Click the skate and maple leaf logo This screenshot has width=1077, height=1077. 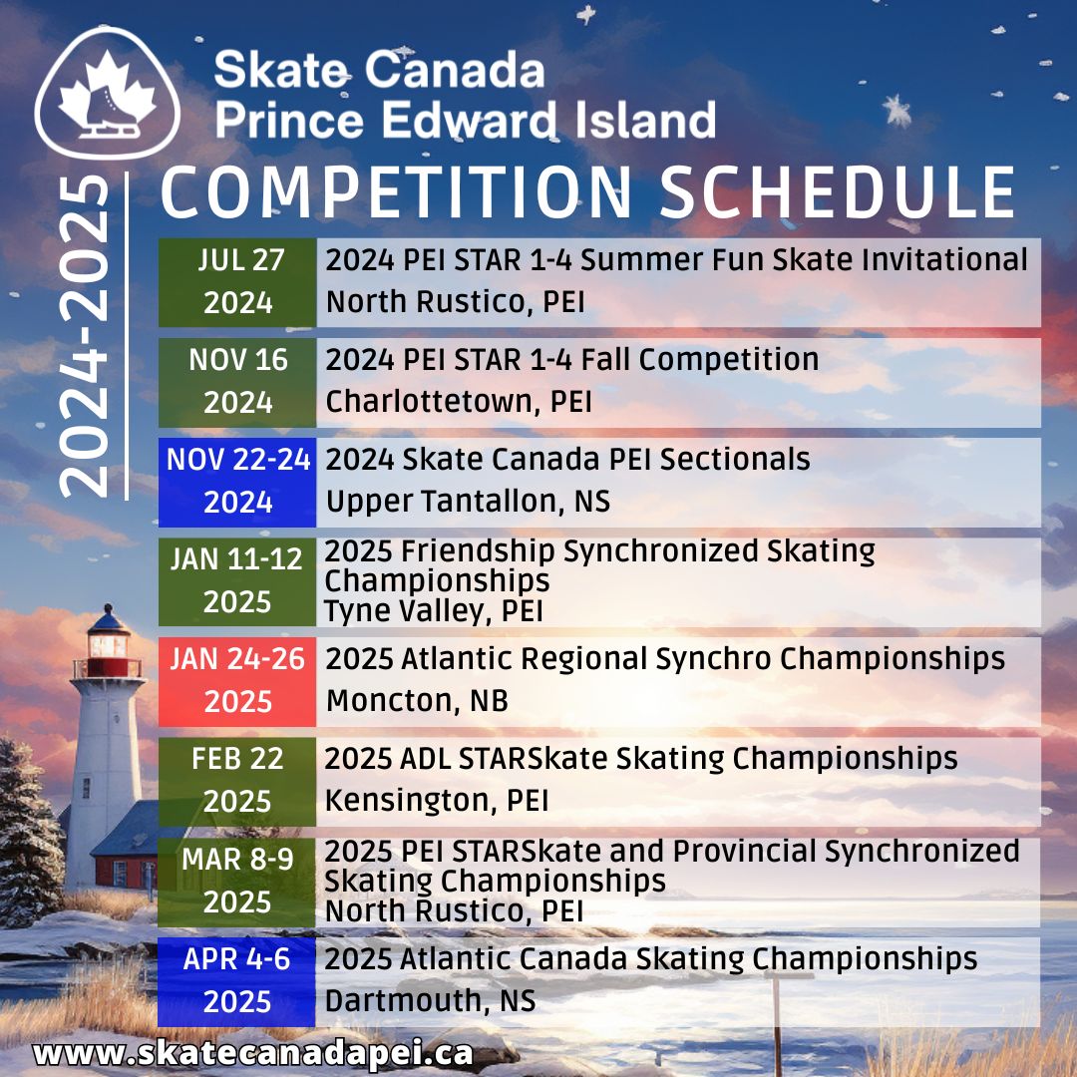[107, 93]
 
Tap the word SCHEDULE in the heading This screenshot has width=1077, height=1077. [838, 193]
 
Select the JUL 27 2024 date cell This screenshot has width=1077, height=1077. [237, 282]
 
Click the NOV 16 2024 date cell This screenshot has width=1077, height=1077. [237, 382]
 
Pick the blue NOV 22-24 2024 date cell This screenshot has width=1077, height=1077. [237, 483]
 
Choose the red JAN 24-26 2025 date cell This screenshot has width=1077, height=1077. [237, 681]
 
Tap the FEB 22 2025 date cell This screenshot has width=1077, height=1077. [237, 781]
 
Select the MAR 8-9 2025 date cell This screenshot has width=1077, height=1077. [237, 882]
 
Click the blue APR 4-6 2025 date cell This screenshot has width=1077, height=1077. [237, 981]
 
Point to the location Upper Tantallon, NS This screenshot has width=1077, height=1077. [468, 502]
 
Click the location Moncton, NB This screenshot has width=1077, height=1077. [417, 701]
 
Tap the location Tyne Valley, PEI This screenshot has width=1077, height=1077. [434, 610]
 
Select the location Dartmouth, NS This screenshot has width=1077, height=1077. [430, 1001]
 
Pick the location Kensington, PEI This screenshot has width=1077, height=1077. [437, 800]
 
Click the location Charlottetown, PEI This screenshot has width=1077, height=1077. [459, 402]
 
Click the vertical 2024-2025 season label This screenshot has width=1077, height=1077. [84, 336]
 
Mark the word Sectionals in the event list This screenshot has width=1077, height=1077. [735, 459]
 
